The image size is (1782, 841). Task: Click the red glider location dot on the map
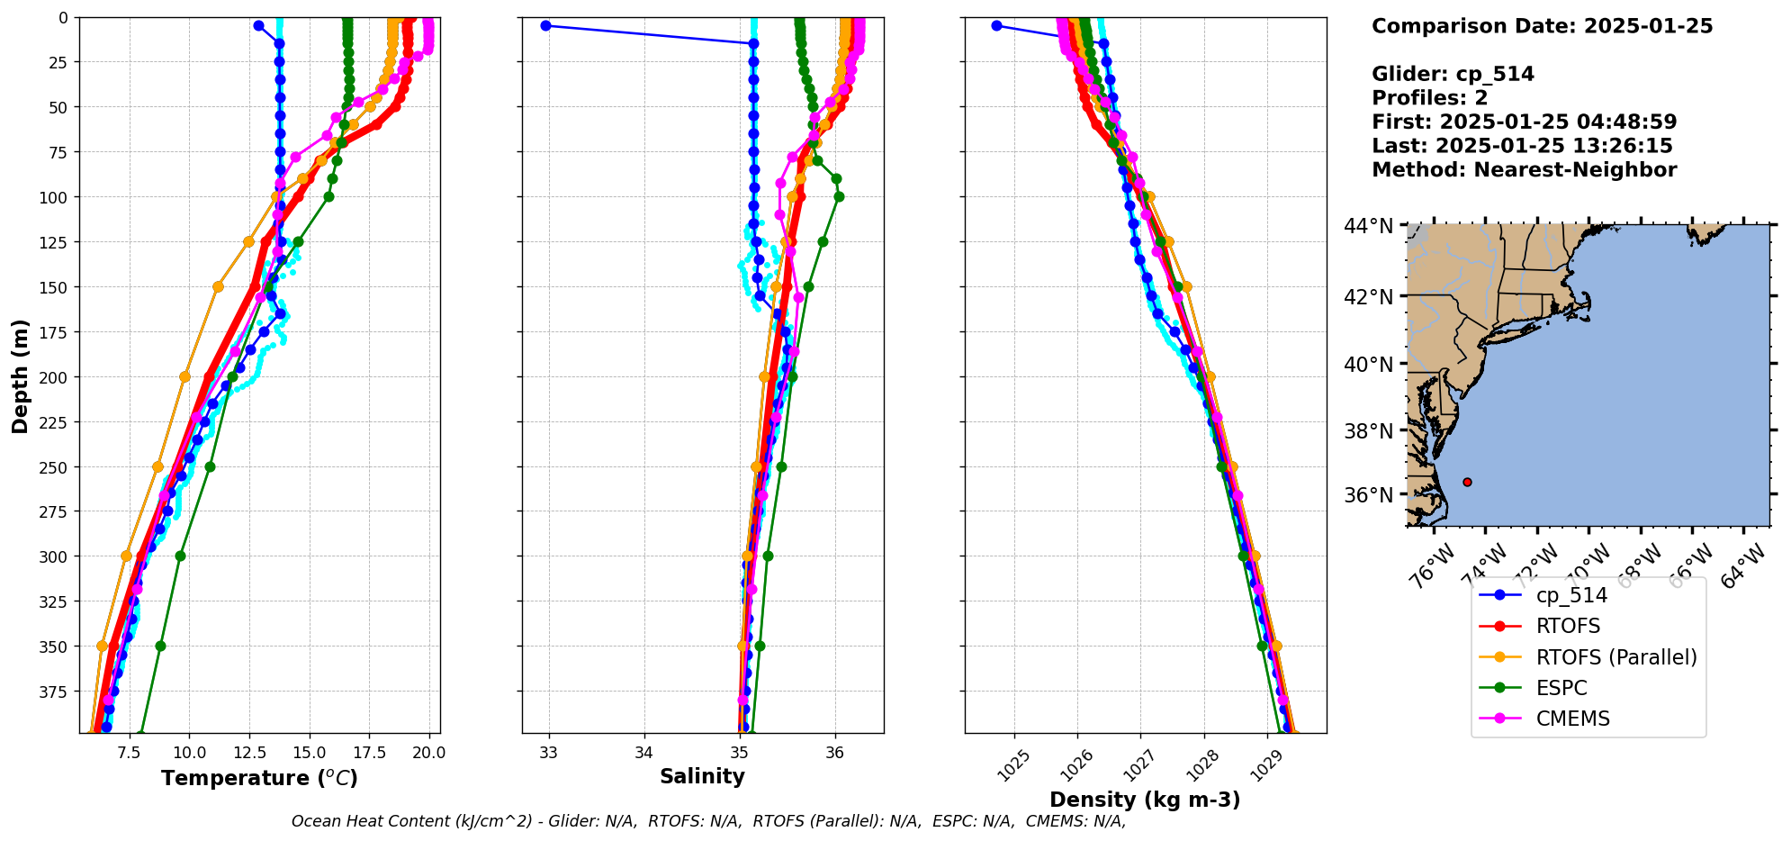[x=1467, y=482]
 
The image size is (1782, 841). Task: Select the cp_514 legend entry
[x=1570, y=595]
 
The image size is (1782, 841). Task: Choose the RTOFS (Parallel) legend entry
[x=1615, y=657]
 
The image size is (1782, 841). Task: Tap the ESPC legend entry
[x=1561, y=688]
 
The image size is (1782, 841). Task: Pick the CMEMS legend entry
[x=1572, y=719]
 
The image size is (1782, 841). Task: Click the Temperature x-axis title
[x=259, y=778]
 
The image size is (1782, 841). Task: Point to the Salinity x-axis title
[x=702, y=776]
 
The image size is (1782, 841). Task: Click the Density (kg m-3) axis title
[x=1145, y=800]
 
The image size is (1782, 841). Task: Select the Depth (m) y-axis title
[x=20, y=375]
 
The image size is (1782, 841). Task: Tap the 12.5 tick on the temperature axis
[x=249, y=753]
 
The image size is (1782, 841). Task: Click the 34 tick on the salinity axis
[x=643, y=753]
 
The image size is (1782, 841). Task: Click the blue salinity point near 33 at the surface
[x=545, y=25]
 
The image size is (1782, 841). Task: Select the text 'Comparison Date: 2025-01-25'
[x=1542, y=26]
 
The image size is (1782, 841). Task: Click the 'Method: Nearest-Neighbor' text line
[x=1524, y=170]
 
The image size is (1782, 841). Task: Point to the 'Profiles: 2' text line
[x=1429, y=98]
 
